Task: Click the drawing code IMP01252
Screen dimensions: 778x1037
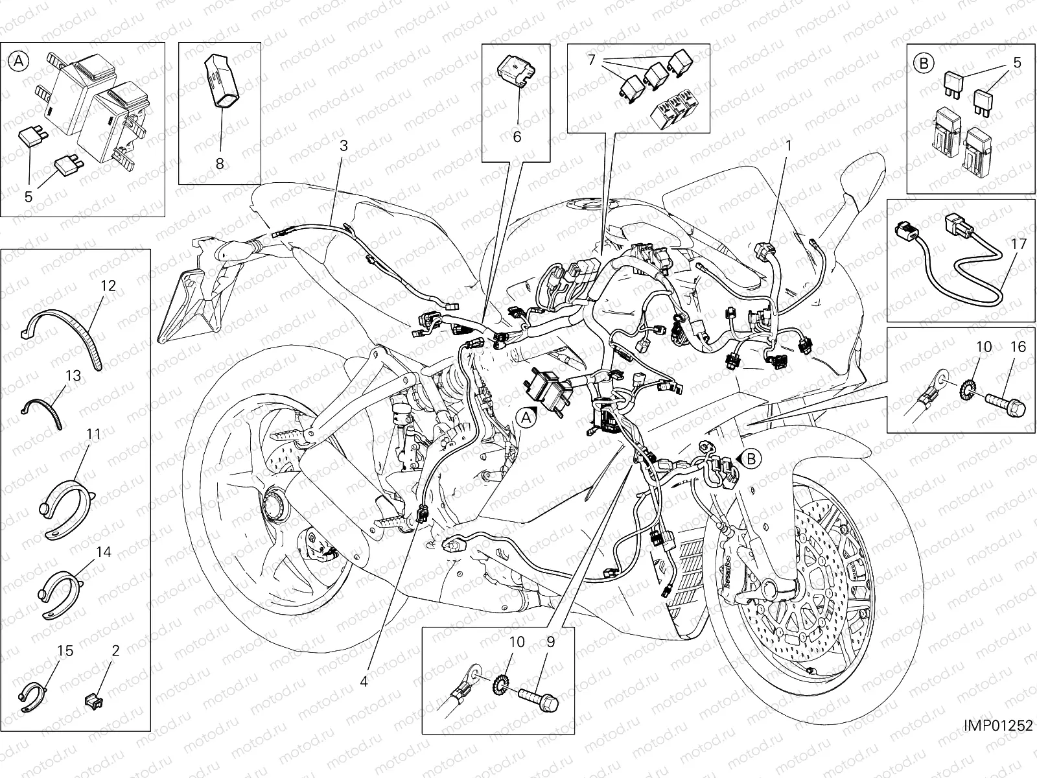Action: [x=997, y=725]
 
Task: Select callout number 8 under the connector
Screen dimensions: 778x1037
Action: [x=220, y=164]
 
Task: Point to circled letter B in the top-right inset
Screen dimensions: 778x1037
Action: [x=923, y=64]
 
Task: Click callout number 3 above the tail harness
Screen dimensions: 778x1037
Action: [x=344, y=146]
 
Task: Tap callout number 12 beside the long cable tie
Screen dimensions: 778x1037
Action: [x=108, y=285]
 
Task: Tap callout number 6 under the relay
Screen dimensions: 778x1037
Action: [x=517, y=137]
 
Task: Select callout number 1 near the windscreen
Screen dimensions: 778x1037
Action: [x=788, y=147]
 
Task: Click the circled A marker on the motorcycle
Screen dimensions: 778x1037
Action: [x=527, y=418]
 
